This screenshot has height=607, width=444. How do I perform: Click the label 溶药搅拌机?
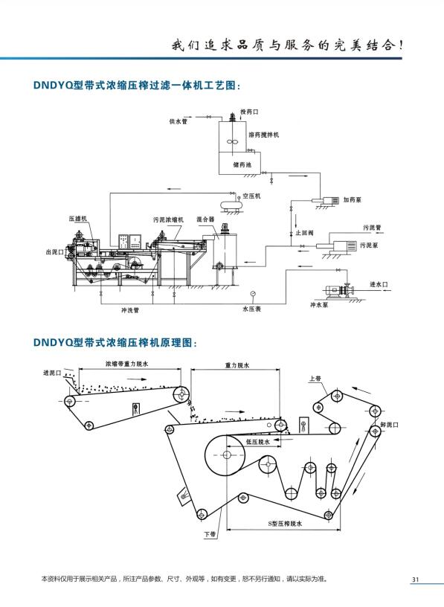click(263, 135)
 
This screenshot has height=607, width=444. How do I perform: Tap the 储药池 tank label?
click(242, 164)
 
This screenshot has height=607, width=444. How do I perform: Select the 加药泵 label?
click(353, 200)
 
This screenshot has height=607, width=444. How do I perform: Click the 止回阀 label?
click(305, 233)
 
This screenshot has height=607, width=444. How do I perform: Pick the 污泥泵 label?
click(369, 245)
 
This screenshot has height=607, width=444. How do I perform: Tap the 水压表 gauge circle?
click(253, 293)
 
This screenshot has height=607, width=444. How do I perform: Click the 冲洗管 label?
click(130, 310)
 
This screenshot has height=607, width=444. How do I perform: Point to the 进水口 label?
click(379, 284)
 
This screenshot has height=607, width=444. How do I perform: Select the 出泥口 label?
click(54, 252)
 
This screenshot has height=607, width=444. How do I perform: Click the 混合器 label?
click(205, 219)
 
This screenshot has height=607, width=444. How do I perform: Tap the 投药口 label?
click(249, 112)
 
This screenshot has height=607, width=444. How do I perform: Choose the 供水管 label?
click(178, 121)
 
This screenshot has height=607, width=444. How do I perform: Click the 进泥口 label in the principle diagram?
click(52, 373)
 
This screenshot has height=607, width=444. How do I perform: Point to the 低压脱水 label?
click(258, 442)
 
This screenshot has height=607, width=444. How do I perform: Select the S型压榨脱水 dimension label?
click(285, 524)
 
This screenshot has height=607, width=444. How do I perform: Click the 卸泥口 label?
click(390, 425)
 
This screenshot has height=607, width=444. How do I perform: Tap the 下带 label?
click(210, 534)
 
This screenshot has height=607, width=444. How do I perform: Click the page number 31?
click(416, 579)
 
